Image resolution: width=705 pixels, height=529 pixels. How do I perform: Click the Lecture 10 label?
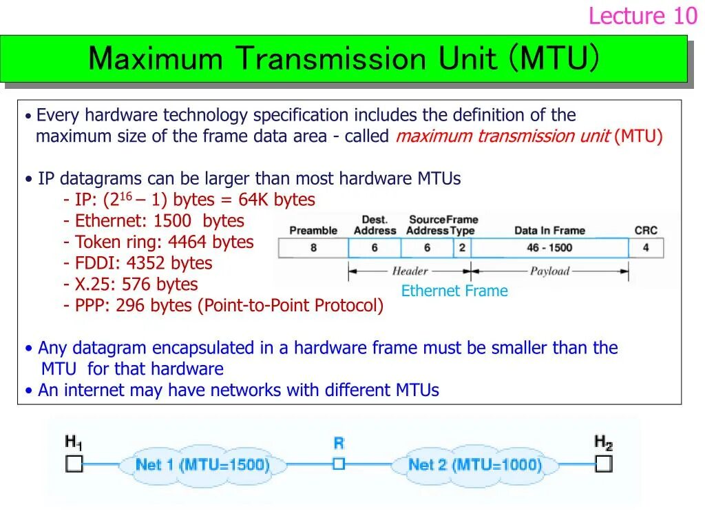(642, 16)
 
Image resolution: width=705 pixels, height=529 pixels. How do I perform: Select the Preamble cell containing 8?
(313, 247)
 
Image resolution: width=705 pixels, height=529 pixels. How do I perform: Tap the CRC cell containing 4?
(646, 247)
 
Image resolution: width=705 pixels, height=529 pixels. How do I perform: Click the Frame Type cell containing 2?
(462, 247)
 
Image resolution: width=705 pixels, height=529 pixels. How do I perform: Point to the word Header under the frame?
(410, 271)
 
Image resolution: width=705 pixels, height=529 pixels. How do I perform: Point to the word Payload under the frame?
(549, 271)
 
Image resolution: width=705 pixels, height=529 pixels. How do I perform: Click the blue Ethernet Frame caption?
(454, 291)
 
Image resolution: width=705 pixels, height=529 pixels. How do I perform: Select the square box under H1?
(74, 464)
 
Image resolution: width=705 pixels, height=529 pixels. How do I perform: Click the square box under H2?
(603, 464)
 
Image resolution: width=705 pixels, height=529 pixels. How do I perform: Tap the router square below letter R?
(338, 464)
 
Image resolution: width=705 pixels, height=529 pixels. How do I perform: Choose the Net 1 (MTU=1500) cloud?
(202, 464)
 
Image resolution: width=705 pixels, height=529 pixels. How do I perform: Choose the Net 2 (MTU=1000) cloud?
(474, 464)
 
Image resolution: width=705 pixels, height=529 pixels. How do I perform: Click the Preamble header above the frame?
(313, 231)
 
